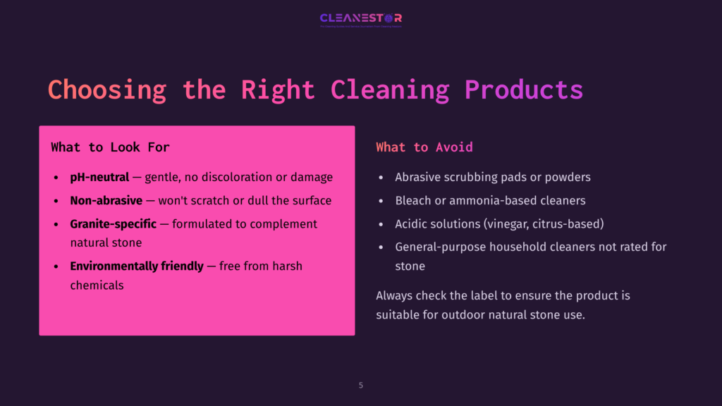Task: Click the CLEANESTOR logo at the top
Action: click(x=360, y=18)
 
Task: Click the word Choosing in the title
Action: click(x=106, y=90)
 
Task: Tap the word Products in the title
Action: click(x=524, y=90)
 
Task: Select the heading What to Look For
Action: click(x=110, y=147)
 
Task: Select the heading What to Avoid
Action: click(x=424, y=147)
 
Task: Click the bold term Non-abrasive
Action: click(x=106, y=201)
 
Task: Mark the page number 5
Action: click(x=361, y=386)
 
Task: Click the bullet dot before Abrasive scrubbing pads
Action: click(x=381, y=178)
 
